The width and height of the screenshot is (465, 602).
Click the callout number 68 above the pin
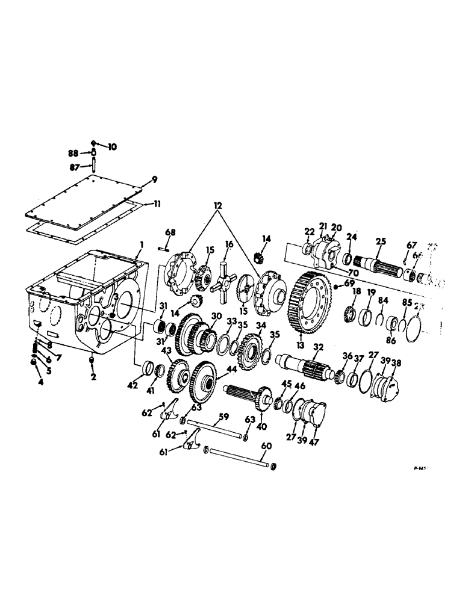point(170,232)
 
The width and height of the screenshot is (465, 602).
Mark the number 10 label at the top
point(113,146)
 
